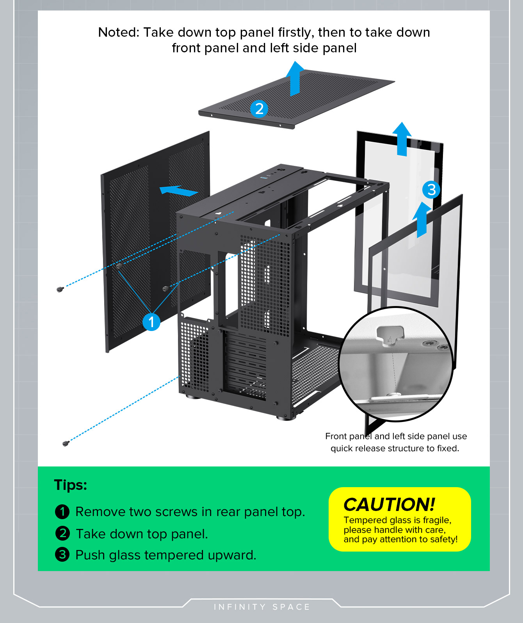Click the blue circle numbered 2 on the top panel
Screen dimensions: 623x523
[259, 109]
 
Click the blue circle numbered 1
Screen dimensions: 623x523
[151, 322]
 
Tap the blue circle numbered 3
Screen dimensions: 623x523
[431, 190]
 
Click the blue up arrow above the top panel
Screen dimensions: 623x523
[295, 78]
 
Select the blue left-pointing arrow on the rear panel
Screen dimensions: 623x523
[179, 190]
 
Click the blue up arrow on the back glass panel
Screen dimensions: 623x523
[402, 139]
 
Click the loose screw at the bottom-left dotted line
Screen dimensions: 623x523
[66, 443]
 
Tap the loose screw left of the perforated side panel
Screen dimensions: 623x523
[60, 289]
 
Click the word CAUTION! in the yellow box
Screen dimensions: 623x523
[389, 504]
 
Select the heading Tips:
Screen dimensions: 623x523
[70, 485]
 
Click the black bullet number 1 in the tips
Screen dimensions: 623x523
[62, 512]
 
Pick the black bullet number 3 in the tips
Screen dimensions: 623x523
[62, 555]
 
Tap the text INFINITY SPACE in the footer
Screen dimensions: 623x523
[261, 607]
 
